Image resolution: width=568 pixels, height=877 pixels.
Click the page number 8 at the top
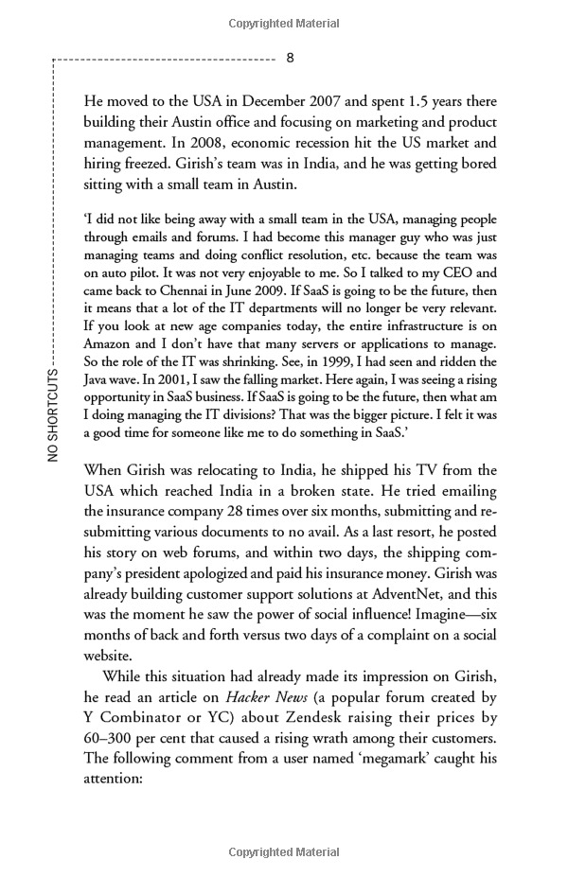[x=291, y=57]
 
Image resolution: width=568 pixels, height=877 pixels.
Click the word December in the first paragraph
[x=314, y=101]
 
